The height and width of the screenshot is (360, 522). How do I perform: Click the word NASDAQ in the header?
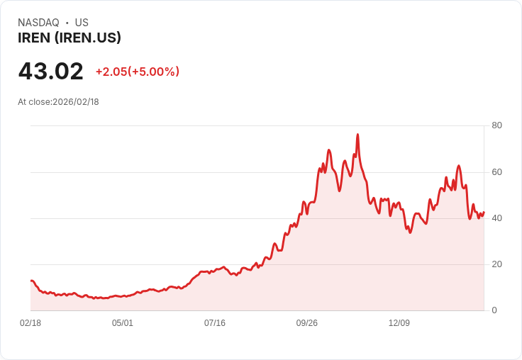click(x=38, y=23)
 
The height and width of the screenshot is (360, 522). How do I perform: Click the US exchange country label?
click(x=82, y=23)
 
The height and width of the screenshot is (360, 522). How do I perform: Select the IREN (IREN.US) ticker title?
click(x=70, y=38)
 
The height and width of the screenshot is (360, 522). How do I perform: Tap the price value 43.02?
click(x=51, y=72)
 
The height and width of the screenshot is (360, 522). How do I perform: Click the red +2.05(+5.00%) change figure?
click(x=138, y=72)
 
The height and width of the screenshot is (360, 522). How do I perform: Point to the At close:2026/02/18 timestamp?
click(x=58, y=102)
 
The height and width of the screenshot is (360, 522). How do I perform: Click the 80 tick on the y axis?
click(x=496, y=125)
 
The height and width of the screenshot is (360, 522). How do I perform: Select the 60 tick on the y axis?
click(x=496, y=171)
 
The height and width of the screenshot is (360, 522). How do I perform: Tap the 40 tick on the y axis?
click(x=496, y=218)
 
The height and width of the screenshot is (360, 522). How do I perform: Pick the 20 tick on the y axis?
click(x=496, y=264)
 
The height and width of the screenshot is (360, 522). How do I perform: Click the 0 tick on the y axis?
click(x=494, y=310)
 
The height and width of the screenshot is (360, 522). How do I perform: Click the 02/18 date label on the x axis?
click(x=30, y=323)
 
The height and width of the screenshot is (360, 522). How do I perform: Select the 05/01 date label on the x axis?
click(x=123, y=323)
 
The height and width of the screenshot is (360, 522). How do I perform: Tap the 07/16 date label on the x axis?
click(x=215, y=323)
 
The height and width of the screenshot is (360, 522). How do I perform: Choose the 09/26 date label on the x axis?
click(x=307, y=323)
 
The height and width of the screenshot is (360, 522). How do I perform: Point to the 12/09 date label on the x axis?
click(x=399, y=323)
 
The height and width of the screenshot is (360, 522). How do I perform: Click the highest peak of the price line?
click(x=357, y=135)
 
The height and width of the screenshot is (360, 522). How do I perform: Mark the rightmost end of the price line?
click(x=484, y=212)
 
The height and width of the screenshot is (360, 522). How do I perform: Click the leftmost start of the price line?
click(x=30, y=281)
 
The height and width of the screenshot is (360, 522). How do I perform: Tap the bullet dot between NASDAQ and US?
click(x=67, y=23)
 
